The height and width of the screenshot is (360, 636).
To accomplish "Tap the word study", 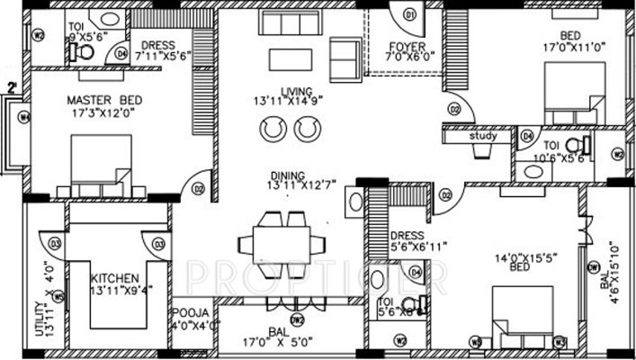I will coord(484,138).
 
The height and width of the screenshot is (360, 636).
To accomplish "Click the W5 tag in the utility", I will coord(57,295).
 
